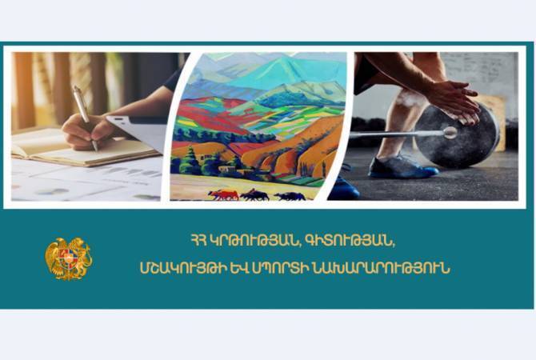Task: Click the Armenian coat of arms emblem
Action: pyautogui.click(x=68, y=258)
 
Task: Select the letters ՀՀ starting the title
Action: pyautogui.click(x=198, y=241)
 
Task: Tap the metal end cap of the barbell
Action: pyautogui.click(x=450, y=133)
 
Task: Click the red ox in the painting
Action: pyautogui.click(x=223, y=194)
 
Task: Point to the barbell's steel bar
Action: pyautogui.click(x=397, y=134)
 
